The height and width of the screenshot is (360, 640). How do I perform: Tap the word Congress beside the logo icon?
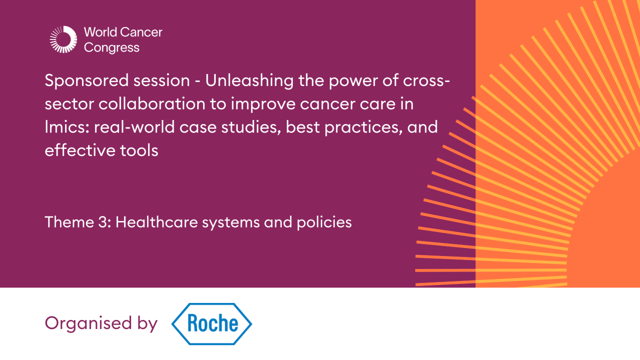click(x=112, y=48)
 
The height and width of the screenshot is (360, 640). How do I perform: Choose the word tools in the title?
click(x=139, y=150)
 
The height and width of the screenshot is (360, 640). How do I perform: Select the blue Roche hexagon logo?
click(x=212, y=324)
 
